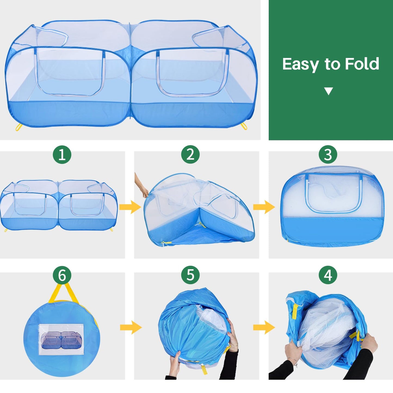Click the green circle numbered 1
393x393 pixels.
(62, 154)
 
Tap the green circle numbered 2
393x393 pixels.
(190, 154)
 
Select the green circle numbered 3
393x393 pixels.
(328, 154)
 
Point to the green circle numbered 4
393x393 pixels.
(328, 275)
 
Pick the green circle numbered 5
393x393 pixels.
(190, 275)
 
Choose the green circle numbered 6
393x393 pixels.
(62, 275)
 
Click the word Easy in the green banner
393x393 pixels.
(300, 64)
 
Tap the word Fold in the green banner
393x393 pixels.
(362, 64)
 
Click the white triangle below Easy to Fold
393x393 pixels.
(329, 91)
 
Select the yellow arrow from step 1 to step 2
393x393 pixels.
(130, 207)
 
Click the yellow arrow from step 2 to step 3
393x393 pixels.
(264, 207)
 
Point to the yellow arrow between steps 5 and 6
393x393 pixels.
(131, 327)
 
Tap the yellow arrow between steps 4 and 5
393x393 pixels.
(264, 327)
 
